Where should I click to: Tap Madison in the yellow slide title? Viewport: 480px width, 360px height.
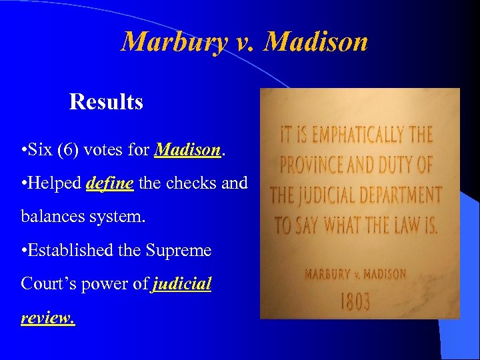click(x=315, y=42)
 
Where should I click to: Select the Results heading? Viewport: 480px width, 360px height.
click(x=106, y=102)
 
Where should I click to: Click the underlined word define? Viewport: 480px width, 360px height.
click(x=110, y=183)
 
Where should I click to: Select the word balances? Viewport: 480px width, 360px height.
click(x=49, y=217)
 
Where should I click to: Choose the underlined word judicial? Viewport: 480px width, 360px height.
click(x=181, y=285)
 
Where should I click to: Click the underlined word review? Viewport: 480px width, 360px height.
click(x=48, y=318)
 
